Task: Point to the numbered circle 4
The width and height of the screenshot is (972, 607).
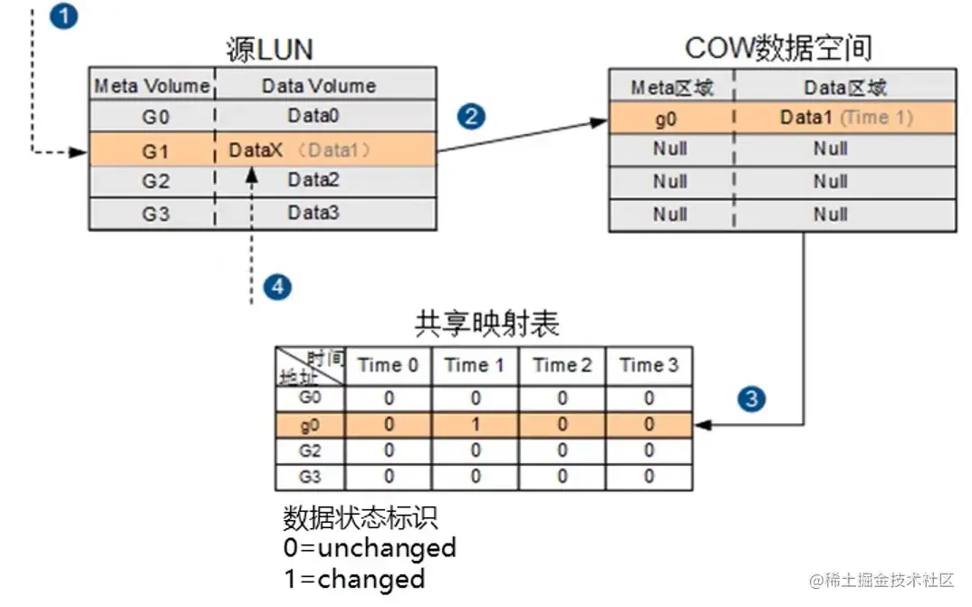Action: tap(277, 287)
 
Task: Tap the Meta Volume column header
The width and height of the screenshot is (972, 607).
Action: tap(152, 86)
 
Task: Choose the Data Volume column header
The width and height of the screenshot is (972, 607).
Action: tap(319, 86)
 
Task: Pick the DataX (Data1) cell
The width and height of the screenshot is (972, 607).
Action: tap(300, 150)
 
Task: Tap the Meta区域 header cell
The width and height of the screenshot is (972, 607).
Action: tap(671, 87)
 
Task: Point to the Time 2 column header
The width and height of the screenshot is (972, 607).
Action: tap(562, 366)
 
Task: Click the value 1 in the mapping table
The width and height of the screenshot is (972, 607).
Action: tap(475, 423)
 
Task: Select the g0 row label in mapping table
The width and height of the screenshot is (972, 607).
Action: tap(310, 423)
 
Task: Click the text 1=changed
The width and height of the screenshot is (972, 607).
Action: tap(354, 578)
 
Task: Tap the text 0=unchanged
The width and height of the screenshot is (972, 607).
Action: tap(370, 548)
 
